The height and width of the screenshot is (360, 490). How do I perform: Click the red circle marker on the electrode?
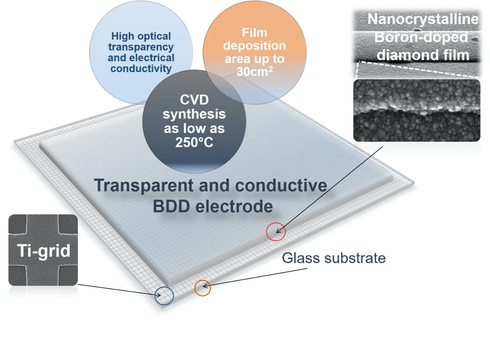point(276,232)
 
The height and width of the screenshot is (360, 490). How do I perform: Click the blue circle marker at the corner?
point(164,296)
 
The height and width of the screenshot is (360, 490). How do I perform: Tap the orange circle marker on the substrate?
point(203,288)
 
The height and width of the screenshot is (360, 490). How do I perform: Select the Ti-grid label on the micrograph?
point(44,251)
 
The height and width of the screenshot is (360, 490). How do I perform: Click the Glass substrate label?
point(334,258)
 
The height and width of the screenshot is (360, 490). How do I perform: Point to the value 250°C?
point(194,142)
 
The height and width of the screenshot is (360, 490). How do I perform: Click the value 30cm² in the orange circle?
point(254,72)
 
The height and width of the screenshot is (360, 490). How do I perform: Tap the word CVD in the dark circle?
point(194,100)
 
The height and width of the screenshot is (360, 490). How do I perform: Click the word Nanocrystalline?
point(423,19)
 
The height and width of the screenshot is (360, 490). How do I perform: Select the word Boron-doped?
point(421,37)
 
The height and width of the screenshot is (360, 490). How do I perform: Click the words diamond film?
point(423,55)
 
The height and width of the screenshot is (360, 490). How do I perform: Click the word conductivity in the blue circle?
point(141,68)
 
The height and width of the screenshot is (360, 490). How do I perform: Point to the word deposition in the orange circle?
point(254,46)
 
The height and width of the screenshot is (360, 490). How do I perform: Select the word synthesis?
point(194,114)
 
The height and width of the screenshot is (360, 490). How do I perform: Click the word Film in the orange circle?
point(254,33)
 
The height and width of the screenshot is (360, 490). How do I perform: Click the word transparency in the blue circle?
point(141,47)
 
